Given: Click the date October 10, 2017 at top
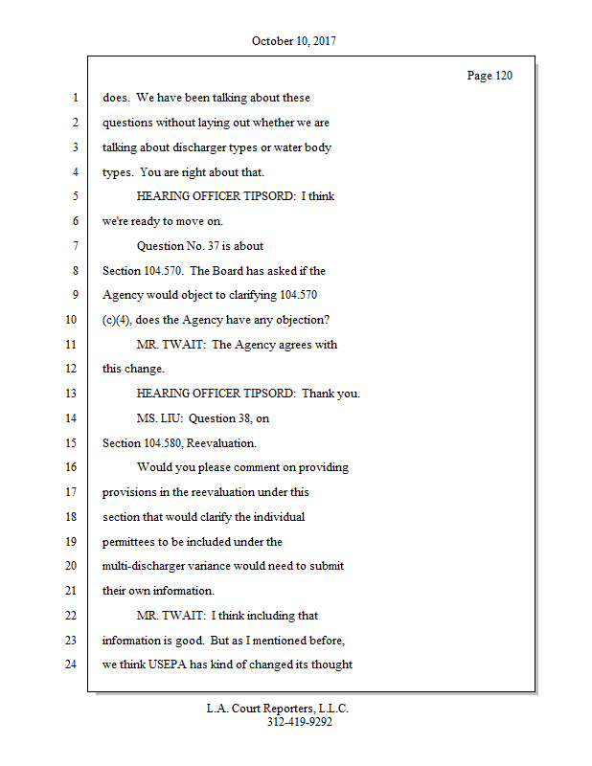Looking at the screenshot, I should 294,41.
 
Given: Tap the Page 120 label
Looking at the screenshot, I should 490,76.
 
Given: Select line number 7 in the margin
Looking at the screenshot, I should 74,246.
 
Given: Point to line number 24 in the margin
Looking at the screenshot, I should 71,665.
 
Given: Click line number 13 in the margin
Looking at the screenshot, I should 71,394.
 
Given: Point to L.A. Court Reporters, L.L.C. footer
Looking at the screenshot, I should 278,709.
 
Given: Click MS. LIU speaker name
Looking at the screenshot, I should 158,418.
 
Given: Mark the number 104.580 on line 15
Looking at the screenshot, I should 171,443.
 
